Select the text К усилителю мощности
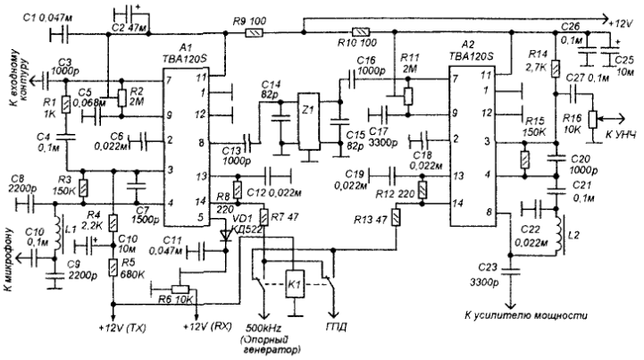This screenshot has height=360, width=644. [x=523, y=316]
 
